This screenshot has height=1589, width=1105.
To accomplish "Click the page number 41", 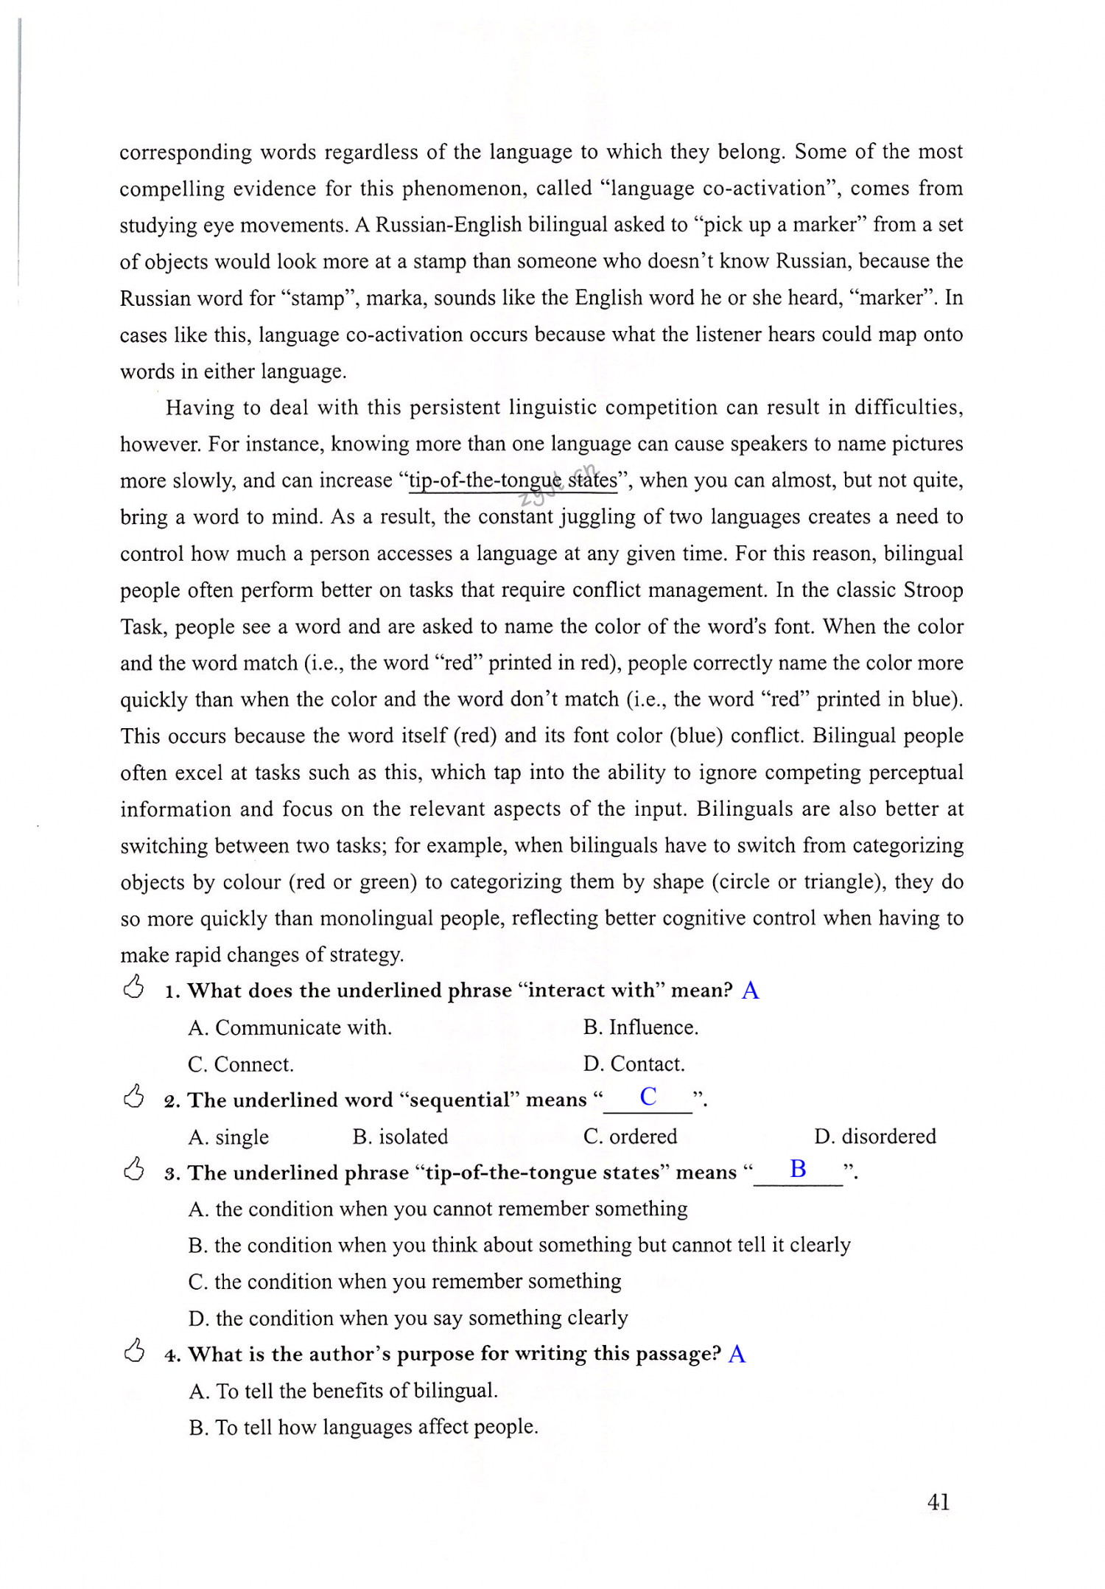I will (x=938, y=1502).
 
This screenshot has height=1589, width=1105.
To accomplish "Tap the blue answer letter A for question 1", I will (x=750, y=990).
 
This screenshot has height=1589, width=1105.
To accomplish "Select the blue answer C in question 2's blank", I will (x=648, y=1097).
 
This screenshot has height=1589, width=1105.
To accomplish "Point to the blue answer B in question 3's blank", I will (x=798, y=1169).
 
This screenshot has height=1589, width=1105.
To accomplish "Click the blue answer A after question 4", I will (x=737, y=1354).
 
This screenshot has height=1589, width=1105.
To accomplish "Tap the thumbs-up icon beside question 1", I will (x=133, y=987).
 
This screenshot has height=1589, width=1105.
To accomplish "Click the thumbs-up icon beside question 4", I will (x=133, y=1351).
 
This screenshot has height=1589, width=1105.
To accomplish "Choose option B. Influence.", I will (x=640, y=1027).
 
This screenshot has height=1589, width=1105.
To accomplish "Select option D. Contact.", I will (x=634, y=1064).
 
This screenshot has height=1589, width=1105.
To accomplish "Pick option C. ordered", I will (x=630, y=1136).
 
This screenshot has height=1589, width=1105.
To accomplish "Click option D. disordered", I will (x=874, y=1136).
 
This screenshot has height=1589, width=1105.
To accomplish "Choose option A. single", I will (x=228, y=1137).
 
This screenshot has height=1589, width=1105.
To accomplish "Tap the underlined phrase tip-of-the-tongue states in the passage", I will (x=513, y=481).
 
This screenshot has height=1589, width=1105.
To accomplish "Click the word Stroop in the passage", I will (x=933, y=590).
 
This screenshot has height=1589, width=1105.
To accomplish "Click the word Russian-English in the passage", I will (x=449, y=225).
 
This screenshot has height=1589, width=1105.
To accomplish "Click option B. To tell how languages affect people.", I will (x=363, y=1428).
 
